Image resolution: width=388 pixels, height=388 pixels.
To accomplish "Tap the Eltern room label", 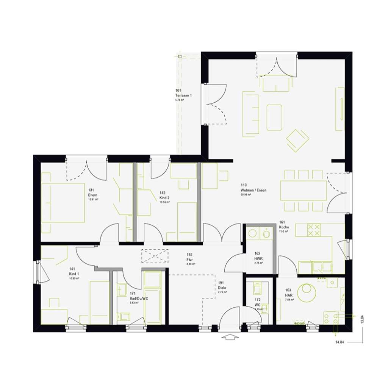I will (x=93, y=195).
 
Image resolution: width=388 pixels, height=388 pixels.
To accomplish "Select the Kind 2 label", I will (x=164, y=198).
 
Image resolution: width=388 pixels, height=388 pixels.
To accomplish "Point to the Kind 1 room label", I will (x=74, y=274).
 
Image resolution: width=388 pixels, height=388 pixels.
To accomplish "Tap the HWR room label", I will (x=258, y=258).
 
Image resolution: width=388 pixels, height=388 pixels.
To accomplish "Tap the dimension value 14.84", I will (x=339, y=343).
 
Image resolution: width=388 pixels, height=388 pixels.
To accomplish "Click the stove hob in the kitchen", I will (x=313, y=229).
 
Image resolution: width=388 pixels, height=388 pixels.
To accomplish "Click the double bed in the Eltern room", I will (x=63, y=203).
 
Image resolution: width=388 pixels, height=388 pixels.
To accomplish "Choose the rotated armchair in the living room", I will (x=297, y=140).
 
